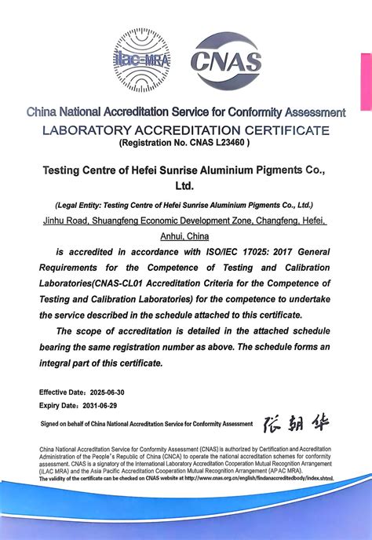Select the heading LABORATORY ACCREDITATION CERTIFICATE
(x=185, y=130)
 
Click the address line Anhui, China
(x=185, y=236)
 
